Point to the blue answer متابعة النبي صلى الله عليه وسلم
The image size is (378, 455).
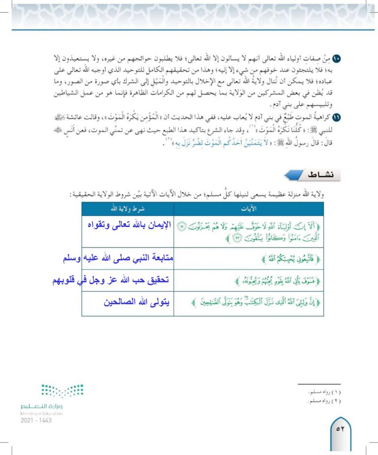[118, 259]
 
